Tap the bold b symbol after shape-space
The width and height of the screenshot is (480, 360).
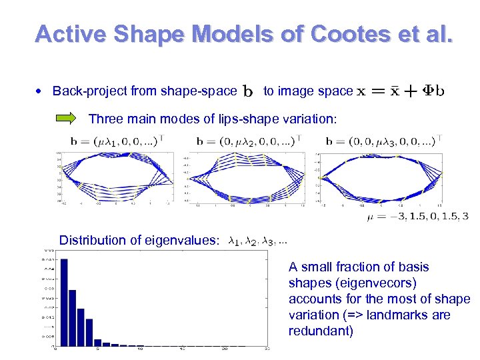point(248,90)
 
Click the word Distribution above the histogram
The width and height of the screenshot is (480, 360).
point(90,240)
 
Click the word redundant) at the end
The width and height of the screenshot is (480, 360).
point(321,331)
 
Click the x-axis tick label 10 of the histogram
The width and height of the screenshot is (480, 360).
point(140,350)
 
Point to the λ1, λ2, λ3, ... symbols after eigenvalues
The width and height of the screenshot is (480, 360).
point(258,241)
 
